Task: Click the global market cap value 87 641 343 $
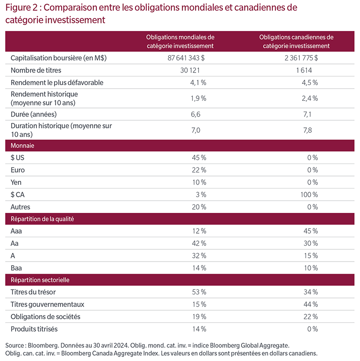[x=186, y=58]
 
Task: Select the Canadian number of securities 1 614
[x=304, y=70]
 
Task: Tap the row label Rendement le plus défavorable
[x=57, y=83]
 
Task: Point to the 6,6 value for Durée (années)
[x=195, y=114]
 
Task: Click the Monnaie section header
[x=22, y=145]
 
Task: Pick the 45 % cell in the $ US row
[x=199, y=158]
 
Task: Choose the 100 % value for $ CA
[x=309, y=195]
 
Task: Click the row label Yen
[x=16, y=182]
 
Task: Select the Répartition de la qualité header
[x=42, y=219]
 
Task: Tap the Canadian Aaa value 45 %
[x=310, y=231]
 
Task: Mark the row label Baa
[x=16, y=268]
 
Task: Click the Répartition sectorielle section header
[x=40, y=280]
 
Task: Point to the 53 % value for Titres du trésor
[x=199, y=292]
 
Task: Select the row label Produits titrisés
[x=34, y=329]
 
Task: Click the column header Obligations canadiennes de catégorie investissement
[x=296, y=41]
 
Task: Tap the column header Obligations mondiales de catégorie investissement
[x=180, y=41]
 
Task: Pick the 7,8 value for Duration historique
[x=307, y=130]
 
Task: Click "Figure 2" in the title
[x=22, y=8]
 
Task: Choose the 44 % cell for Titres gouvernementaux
[x=310, y=304]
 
